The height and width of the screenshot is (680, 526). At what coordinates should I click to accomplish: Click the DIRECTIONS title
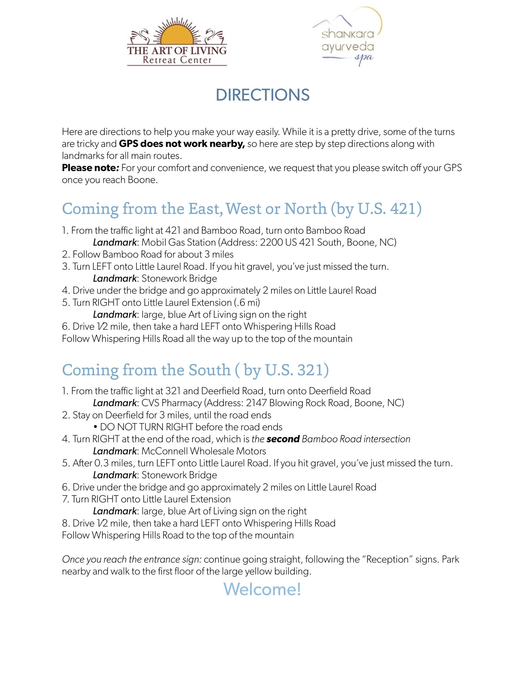pos(262,95)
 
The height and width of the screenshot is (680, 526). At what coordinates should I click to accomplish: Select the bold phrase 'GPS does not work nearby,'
pos(182,144)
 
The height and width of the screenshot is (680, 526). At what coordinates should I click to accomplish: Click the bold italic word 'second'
pos(283,439)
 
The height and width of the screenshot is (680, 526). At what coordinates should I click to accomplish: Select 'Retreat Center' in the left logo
pos(177,60)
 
